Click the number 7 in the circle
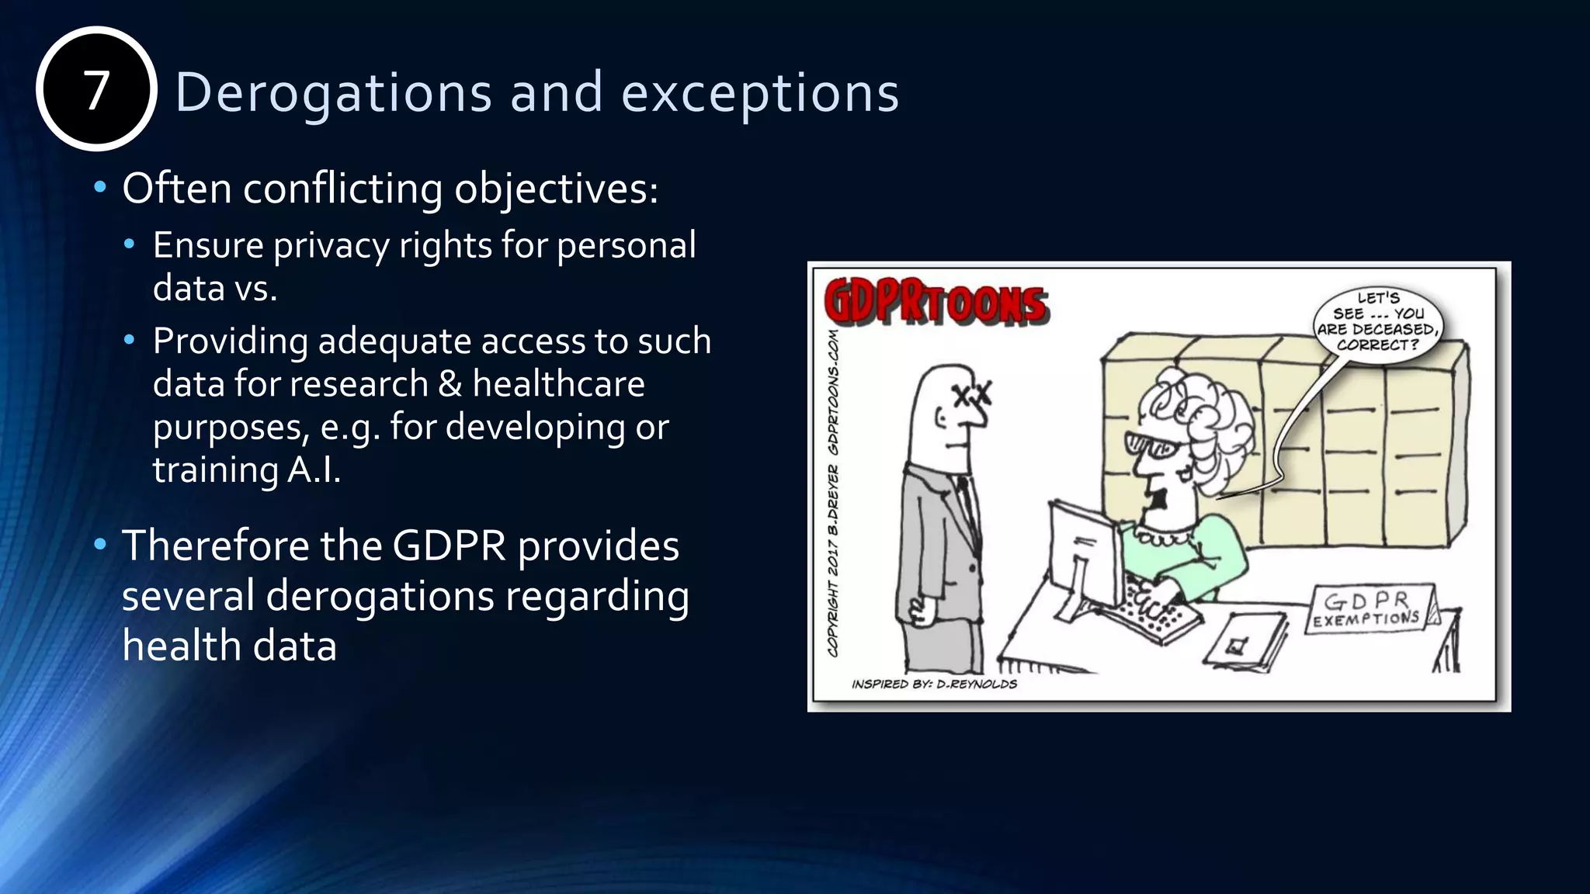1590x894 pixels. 96,90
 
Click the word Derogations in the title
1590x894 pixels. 333,92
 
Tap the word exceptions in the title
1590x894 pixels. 760,92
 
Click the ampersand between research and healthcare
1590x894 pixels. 450,384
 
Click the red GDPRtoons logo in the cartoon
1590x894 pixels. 936,302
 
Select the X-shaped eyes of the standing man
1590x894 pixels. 973,396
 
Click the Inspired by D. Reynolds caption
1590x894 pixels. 934,684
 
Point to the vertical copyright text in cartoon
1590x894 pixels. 833,494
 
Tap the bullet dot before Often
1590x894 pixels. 99,188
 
